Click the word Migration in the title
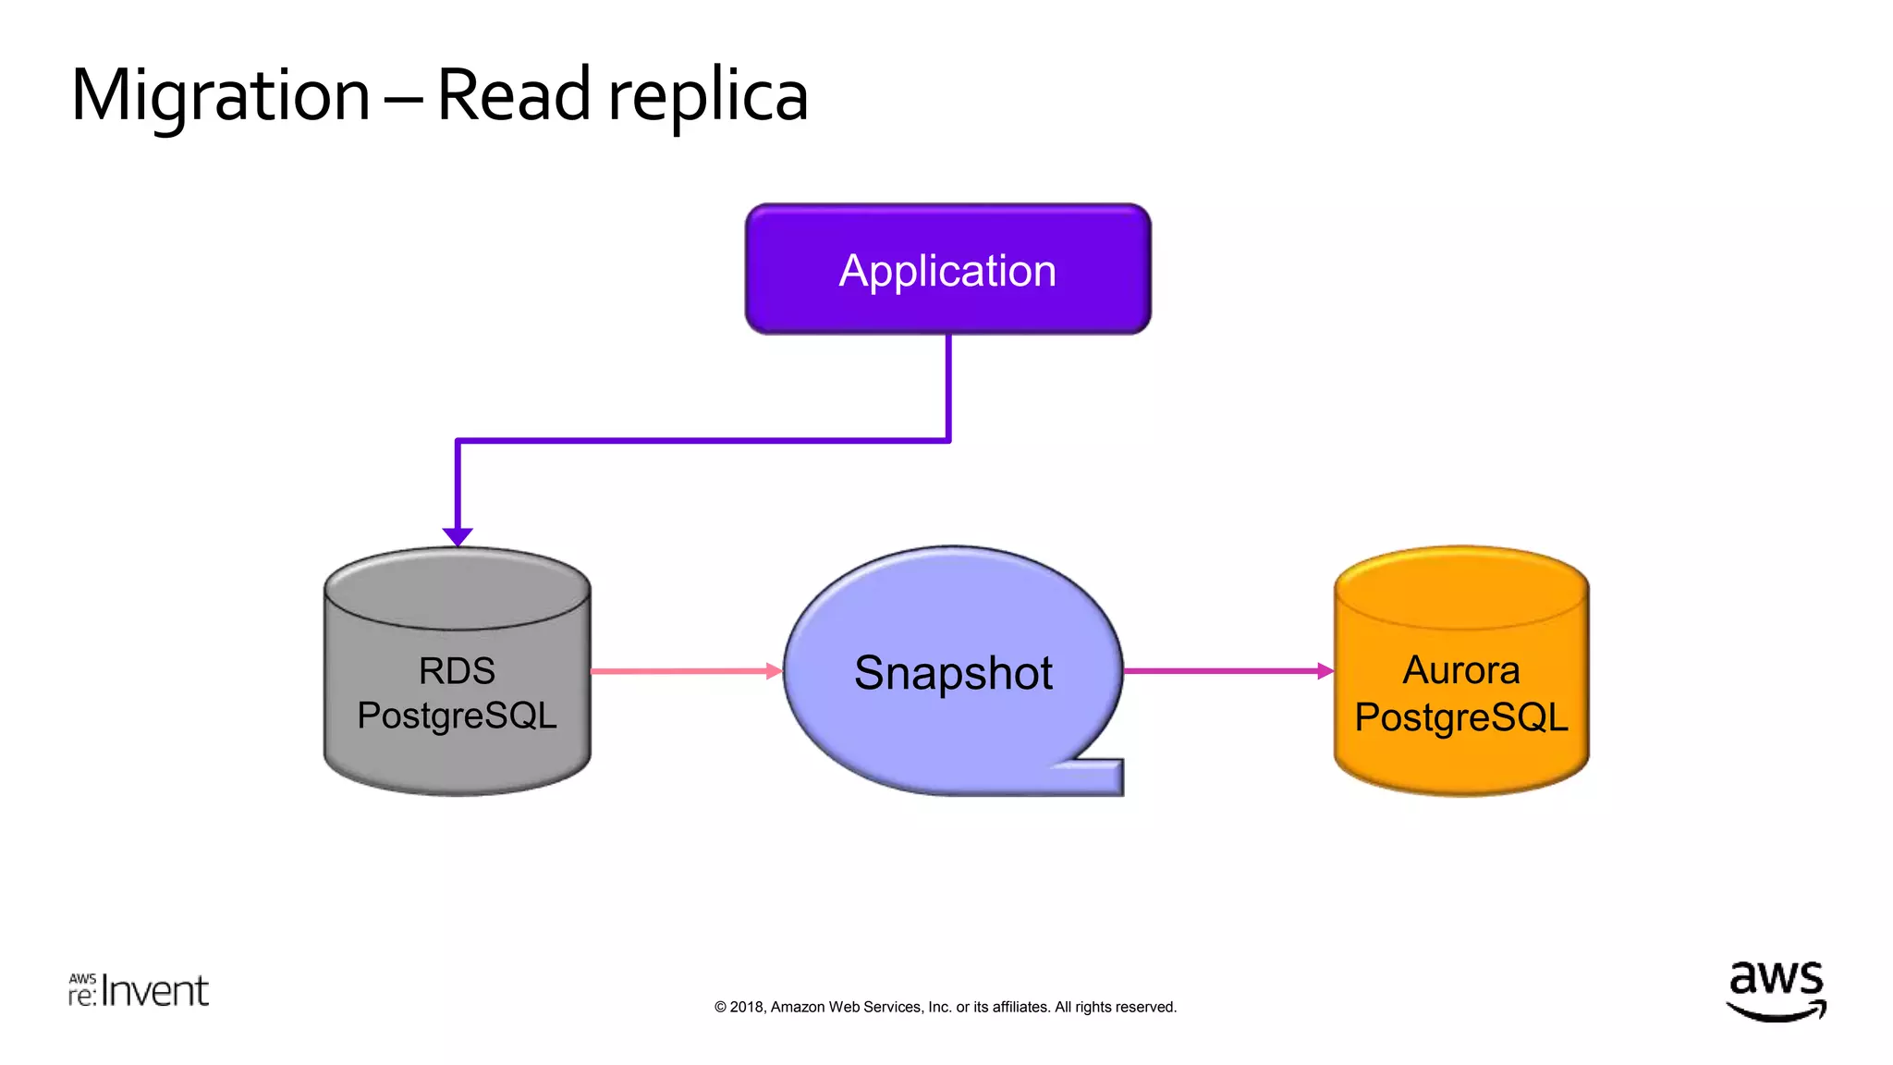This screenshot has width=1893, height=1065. [220, 96]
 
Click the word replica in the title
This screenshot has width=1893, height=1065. [708, 96]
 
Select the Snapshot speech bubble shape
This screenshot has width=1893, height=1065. [952, 740]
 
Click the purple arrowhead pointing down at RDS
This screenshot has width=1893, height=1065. [458, 536]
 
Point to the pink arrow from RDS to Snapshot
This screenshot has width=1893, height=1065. [684, 671]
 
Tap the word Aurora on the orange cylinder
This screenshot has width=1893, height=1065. [1460, 670]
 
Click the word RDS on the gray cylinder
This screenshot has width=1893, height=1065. [457, 671]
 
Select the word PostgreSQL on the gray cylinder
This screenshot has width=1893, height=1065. [457, 716]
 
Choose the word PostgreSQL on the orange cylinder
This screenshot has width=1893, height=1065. [1460, 717]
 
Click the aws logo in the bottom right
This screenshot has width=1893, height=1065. [1776, 989]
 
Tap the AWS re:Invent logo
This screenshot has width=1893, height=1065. [139, 990]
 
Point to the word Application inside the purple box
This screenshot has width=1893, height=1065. [947, 271]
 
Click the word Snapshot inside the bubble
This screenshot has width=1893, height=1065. [953, 673]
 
